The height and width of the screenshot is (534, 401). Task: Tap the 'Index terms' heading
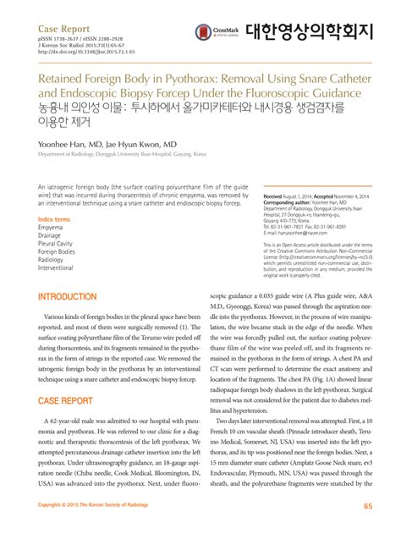(x=54, y=220)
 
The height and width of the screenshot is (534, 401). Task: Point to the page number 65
(x=367, y=506)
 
